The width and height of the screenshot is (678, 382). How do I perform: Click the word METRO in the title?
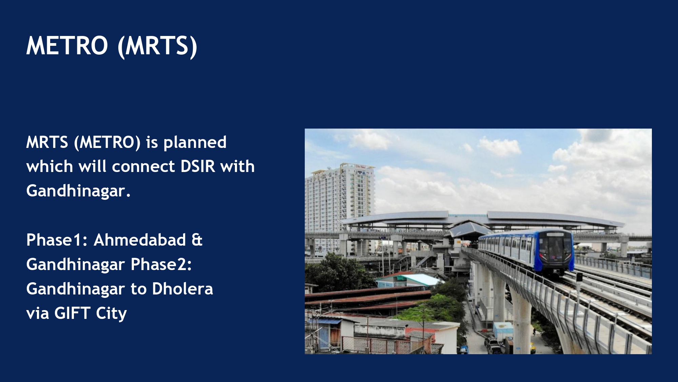point(67,46)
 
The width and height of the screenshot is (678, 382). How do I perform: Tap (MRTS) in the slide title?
point(157,47)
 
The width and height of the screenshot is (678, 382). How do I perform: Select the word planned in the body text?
point(195,142)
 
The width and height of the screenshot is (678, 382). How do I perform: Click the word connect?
point(143,167)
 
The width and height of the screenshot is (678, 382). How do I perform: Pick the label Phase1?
point(57,240)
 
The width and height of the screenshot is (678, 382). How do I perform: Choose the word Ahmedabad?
point(140,240)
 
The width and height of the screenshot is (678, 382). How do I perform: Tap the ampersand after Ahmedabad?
point(197,240)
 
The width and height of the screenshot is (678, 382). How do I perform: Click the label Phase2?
point(161,264)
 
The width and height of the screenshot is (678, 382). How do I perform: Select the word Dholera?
point(182,289)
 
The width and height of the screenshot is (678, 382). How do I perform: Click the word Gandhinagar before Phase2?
point(76,265)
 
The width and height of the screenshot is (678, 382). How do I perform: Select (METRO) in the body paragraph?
point(107,142)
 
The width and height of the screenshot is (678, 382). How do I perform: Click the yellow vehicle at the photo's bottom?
point(532,347)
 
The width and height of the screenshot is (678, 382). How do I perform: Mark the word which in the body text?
point(49,166)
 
